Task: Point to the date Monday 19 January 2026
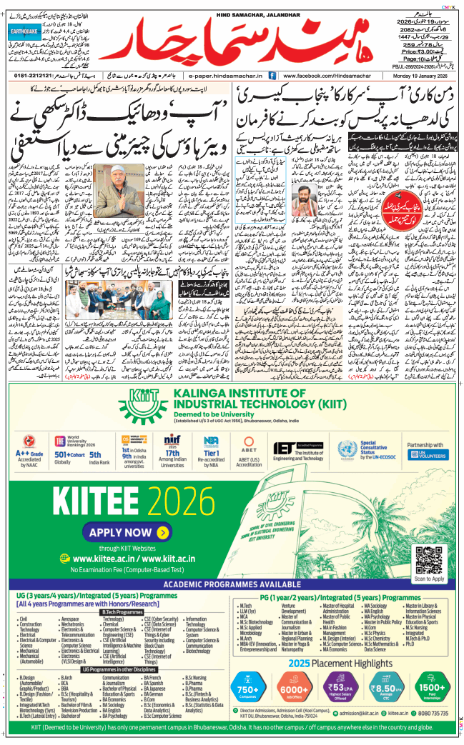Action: (x=423, y=74)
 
